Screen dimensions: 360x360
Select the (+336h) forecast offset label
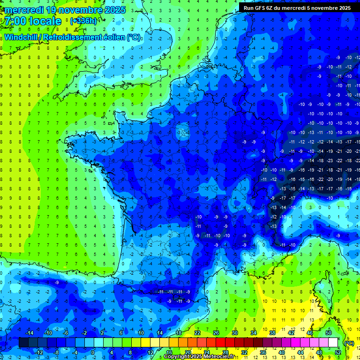(x=83, y=21)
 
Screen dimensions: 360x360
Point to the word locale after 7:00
(x=45, y=21)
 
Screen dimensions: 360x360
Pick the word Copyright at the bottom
(x=177, y=357)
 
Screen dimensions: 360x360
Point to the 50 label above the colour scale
(x=329, y=333)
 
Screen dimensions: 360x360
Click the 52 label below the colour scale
(x=338, y=352)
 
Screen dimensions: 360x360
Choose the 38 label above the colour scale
(x=272, y=333)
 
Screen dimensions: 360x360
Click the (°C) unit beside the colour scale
(x=349, y=343)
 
